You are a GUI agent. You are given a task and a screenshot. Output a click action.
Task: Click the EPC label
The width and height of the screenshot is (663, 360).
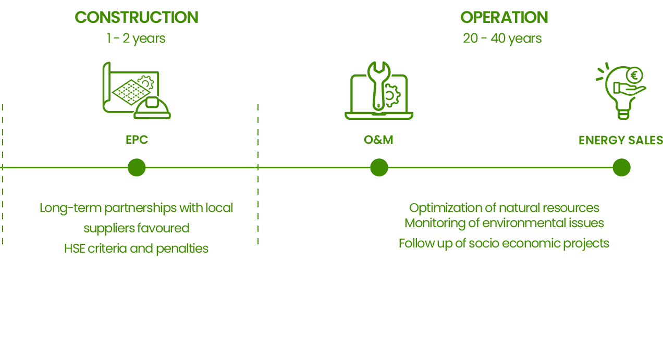click(x=137, y=140)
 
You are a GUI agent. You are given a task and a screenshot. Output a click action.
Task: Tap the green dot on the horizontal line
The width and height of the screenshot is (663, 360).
click(x=137, y=168)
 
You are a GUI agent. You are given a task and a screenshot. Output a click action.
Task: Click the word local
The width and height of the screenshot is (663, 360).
click(x=219, y=208)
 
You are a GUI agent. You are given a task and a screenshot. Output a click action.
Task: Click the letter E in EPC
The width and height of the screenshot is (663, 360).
click(x=129, y=140)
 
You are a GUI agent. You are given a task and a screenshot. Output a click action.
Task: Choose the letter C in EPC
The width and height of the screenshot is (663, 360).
click(x=144, y=140)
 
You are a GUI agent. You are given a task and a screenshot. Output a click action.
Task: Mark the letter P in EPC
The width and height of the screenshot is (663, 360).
click(x=136, y=140)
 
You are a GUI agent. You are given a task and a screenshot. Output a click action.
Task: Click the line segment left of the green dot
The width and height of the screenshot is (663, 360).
click(x=65, y=168)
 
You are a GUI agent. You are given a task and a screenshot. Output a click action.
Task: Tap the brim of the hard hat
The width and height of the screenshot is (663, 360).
click(x=152, y=116)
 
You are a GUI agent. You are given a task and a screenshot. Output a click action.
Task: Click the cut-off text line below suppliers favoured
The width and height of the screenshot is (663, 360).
click(x=137, y=243)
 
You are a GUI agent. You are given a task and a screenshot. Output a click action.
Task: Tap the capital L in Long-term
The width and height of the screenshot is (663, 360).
click(x=43, y=208)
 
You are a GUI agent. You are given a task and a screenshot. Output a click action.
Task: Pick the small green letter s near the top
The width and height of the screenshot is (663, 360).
click(x=163, y=39)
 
